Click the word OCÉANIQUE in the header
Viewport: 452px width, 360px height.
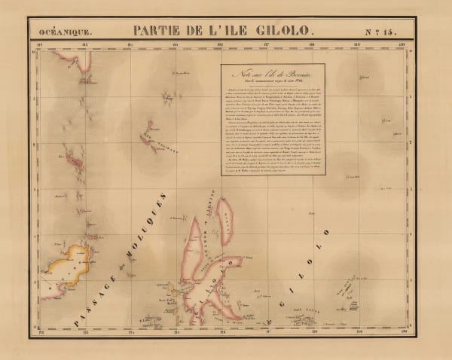[67, 32]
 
